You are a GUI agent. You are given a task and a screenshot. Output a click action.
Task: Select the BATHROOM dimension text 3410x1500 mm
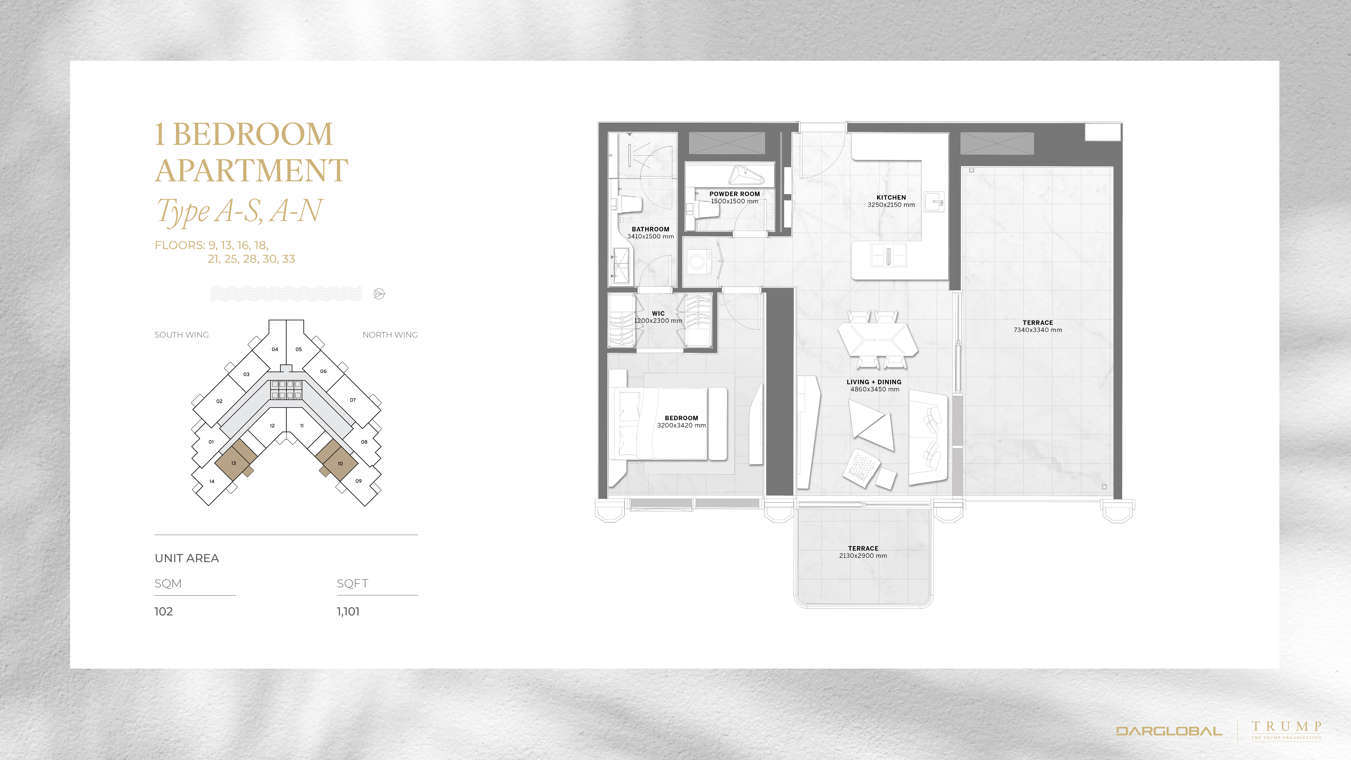[x=650, y=237]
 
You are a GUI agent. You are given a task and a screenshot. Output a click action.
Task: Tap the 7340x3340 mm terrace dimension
[x=1037, y=330]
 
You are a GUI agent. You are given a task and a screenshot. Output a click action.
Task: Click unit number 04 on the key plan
[x=275, y=349]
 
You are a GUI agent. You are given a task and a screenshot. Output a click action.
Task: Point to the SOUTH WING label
[x=182, y=335]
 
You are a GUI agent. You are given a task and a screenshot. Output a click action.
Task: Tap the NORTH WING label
[x=390, y=335]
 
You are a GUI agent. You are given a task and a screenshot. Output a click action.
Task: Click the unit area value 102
[x=164, y=612]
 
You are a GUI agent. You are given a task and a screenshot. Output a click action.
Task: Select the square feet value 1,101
[x=348, y=612]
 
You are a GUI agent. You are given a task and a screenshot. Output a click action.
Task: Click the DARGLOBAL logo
[x=1169, y=731]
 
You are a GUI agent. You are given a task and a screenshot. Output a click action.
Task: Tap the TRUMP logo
[x=1286, y=730]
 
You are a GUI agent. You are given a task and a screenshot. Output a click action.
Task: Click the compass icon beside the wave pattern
[x=379, y=294]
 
